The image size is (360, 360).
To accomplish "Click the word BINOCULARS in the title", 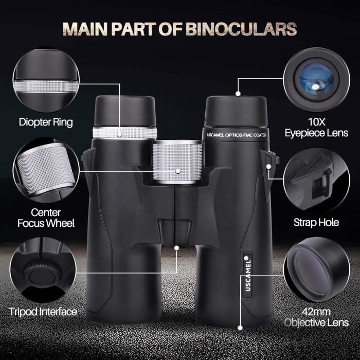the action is (x=241, y=29).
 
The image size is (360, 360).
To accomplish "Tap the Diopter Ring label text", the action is (x=46, y=122).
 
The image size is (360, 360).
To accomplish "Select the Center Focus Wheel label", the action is (x=46, y=218).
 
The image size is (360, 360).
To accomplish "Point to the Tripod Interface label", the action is (x=43, y=312).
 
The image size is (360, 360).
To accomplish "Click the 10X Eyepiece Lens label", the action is (x=317, y=128).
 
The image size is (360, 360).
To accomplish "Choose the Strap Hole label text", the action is (x=316, y=223).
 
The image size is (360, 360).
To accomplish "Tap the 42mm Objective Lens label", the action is (x=317, y=317).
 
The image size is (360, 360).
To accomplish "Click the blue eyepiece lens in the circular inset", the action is (x=317, y=79).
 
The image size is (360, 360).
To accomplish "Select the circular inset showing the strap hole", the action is (x=317, y=179).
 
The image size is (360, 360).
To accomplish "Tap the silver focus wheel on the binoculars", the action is (x=177, y=162).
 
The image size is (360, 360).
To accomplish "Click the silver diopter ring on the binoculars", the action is (x=125, y=133).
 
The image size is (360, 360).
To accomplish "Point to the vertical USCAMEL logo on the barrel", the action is (x=248, y=274).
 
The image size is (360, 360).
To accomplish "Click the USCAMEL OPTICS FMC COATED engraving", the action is (x=237, y=135).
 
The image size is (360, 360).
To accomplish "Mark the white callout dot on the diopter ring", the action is (x=119, y=135).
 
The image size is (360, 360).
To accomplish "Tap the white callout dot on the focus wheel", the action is (x=178, y=171).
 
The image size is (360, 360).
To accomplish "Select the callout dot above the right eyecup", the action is (x=238, y=94).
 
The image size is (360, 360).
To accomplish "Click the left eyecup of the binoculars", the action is (x=125, y=112).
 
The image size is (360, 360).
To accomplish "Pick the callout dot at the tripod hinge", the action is (x=176, y=248).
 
